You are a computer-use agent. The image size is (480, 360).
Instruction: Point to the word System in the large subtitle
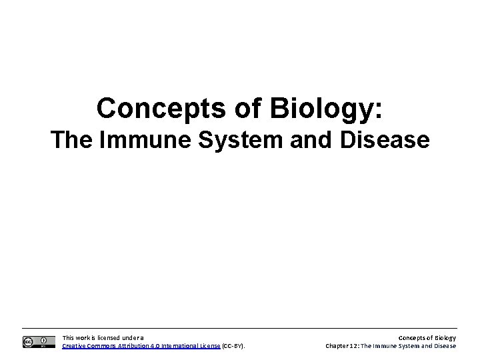[x=229, y=141]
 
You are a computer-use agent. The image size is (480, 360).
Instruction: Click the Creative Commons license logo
[x=35, y=342]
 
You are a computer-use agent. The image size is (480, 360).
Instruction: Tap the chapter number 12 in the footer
[x=355, y=346]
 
